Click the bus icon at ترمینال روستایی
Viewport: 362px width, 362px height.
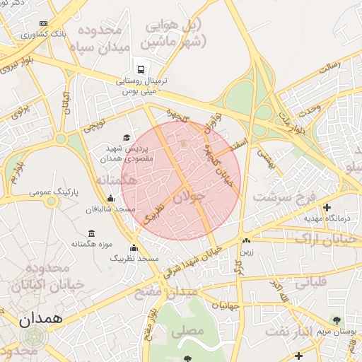[x=141, y=70]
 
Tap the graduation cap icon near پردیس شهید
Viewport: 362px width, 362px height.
[x=127, y=137]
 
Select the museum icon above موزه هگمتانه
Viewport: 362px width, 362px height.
[x=91, y=233]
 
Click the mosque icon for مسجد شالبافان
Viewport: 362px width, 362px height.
[x=110, y=199]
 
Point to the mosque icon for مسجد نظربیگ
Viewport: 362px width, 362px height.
[x=134, y=247]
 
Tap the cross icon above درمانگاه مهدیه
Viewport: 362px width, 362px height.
[x=327, y=207]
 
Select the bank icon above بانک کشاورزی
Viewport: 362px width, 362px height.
[x=44, y=23]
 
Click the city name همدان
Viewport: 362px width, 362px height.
[x=40, y=319]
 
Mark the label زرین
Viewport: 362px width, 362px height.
[x=246, y=251]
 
